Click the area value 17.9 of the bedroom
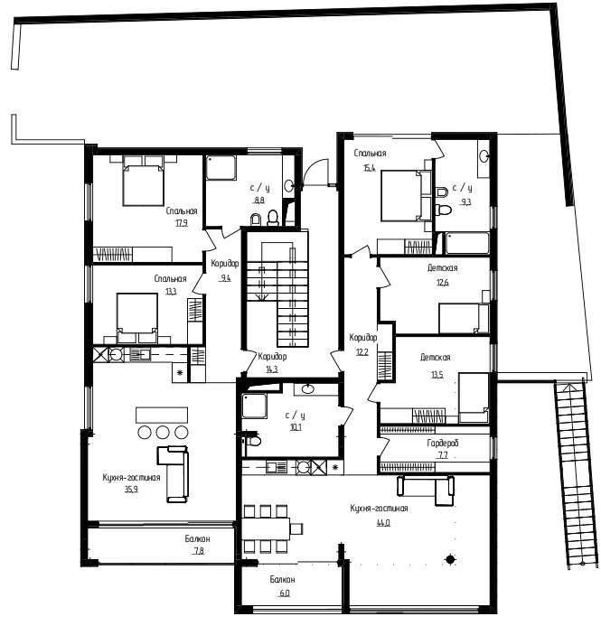pos(182,223)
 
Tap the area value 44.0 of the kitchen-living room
pos(383,522)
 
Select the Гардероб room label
pos(443,443)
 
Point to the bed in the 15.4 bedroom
pos(406,196)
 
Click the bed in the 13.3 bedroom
pos(137,318)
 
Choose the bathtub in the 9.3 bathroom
pos(467,243)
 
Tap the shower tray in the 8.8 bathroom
pos(221,168)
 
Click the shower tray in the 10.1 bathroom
pos(254,406)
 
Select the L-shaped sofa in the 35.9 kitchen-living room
pos(173,473)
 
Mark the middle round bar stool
pos(163,432)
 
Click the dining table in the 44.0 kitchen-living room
pos(266,528)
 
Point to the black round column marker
pos(450,560)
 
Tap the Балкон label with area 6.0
pos(282,579)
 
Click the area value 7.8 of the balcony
pos(199,551)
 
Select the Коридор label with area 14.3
pos(272,356)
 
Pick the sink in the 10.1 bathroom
pos(307,388)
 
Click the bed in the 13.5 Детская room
pos(474,398)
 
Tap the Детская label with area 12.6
pos(443,268)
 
